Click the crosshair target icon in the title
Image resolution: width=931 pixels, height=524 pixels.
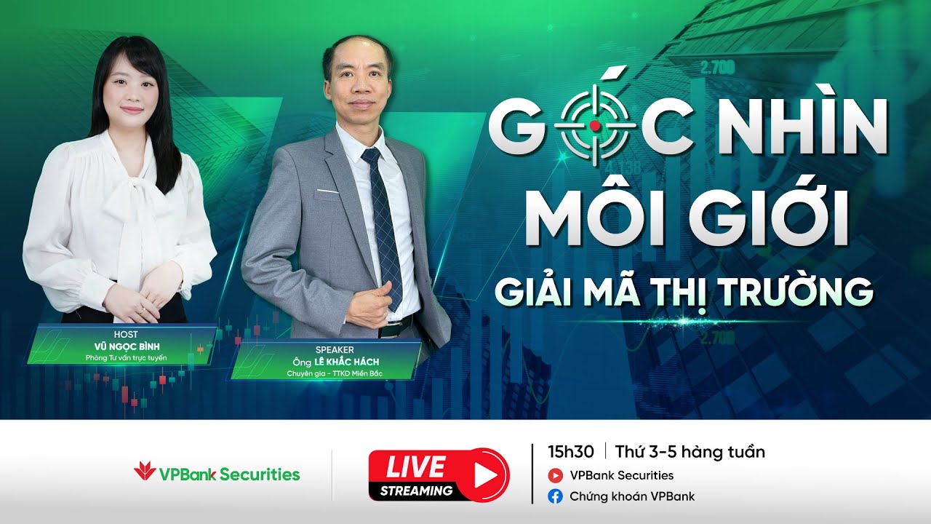point(595,125)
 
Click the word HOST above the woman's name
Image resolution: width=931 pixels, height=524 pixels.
point(126,334)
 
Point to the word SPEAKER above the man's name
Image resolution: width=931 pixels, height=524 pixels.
point(335,350)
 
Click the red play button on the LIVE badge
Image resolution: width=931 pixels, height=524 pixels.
point(483,475)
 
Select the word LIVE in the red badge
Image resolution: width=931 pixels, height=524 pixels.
point(415,467)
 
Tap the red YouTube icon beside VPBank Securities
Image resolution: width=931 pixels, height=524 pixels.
point(556,476)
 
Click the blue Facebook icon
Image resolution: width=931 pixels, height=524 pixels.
point(556,497)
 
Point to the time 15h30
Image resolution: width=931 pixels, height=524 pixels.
point(571,452)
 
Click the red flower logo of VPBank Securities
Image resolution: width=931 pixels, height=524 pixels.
point(145,472)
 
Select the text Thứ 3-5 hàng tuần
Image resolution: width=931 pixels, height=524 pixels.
point(690,452)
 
